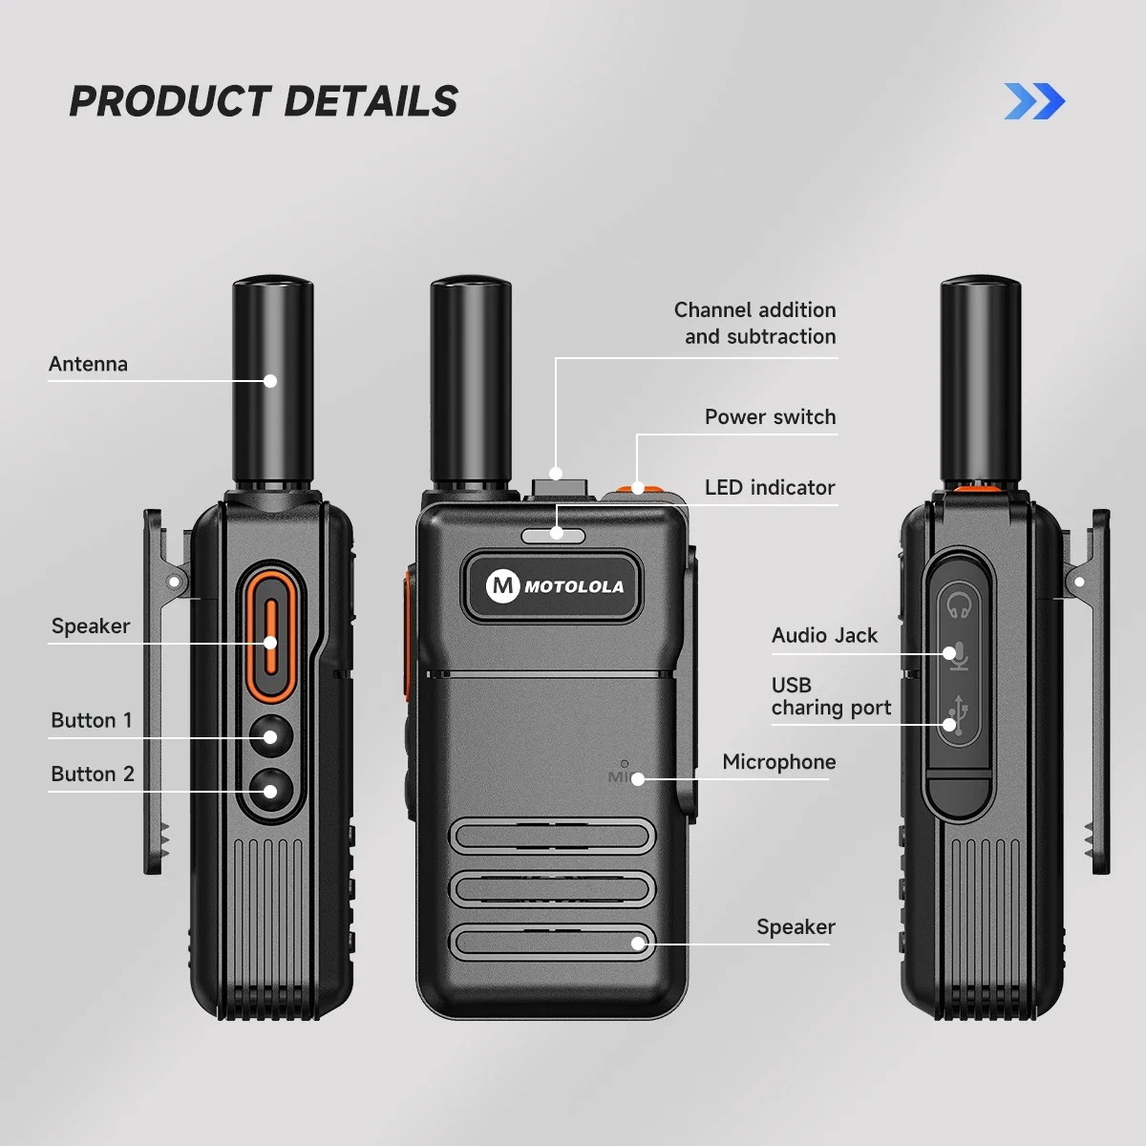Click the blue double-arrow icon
(1034, 101)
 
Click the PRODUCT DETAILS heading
(264, 101)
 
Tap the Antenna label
(88, 364)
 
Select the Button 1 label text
(92, 720)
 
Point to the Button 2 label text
(93, 774)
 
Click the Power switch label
(770, 416)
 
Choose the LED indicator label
(770, 487)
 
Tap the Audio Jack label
(824, 635)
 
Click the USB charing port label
(830, 696)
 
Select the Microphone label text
(778, 761)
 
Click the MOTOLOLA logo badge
(554, 586)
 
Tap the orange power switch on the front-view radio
(639, 489)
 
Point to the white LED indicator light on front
(554, 535)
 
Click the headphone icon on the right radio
(959, 605)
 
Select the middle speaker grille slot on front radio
(552, 888)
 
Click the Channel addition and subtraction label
(754, 323)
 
